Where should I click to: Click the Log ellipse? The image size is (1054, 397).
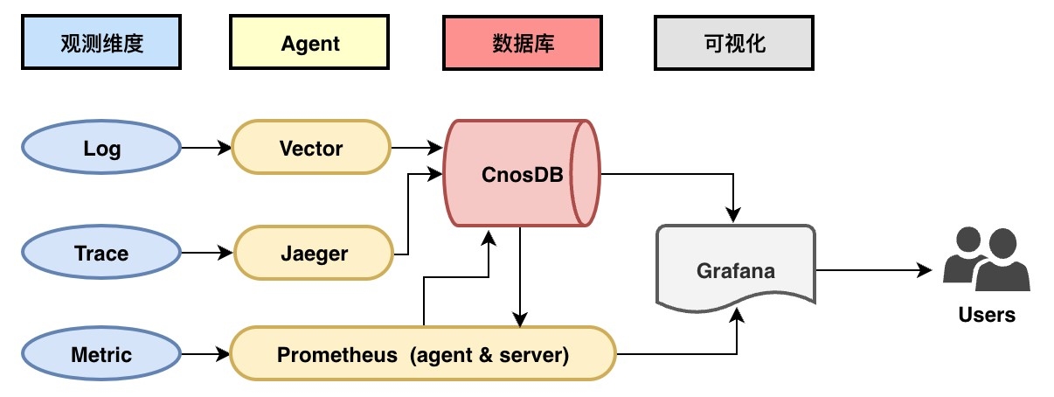101,149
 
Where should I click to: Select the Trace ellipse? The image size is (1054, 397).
101,254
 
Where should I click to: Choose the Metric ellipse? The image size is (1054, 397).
101,355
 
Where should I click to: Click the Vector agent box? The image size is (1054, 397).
311,149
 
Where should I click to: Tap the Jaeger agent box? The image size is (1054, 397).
314,254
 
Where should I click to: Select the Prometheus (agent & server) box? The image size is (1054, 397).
423,355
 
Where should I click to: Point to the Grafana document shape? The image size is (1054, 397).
735,269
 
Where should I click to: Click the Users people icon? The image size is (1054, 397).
986,259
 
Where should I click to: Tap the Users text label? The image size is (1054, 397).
987,315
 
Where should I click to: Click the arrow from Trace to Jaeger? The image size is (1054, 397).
206,254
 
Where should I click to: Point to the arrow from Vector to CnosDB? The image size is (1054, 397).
417,149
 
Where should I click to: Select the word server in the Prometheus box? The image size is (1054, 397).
535,355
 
